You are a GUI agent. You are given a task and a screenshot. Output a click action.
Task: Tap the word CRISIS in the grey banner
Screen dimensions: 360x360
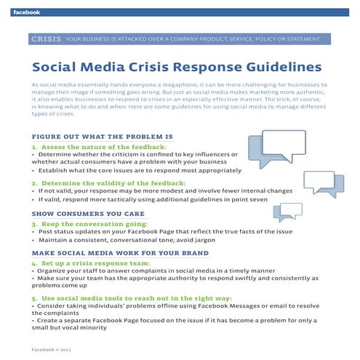click(x=46, y=39)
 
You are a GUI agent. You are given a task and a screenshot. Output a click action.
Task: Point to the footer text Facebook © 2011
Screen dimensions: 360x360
click(x=53, y=350)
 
